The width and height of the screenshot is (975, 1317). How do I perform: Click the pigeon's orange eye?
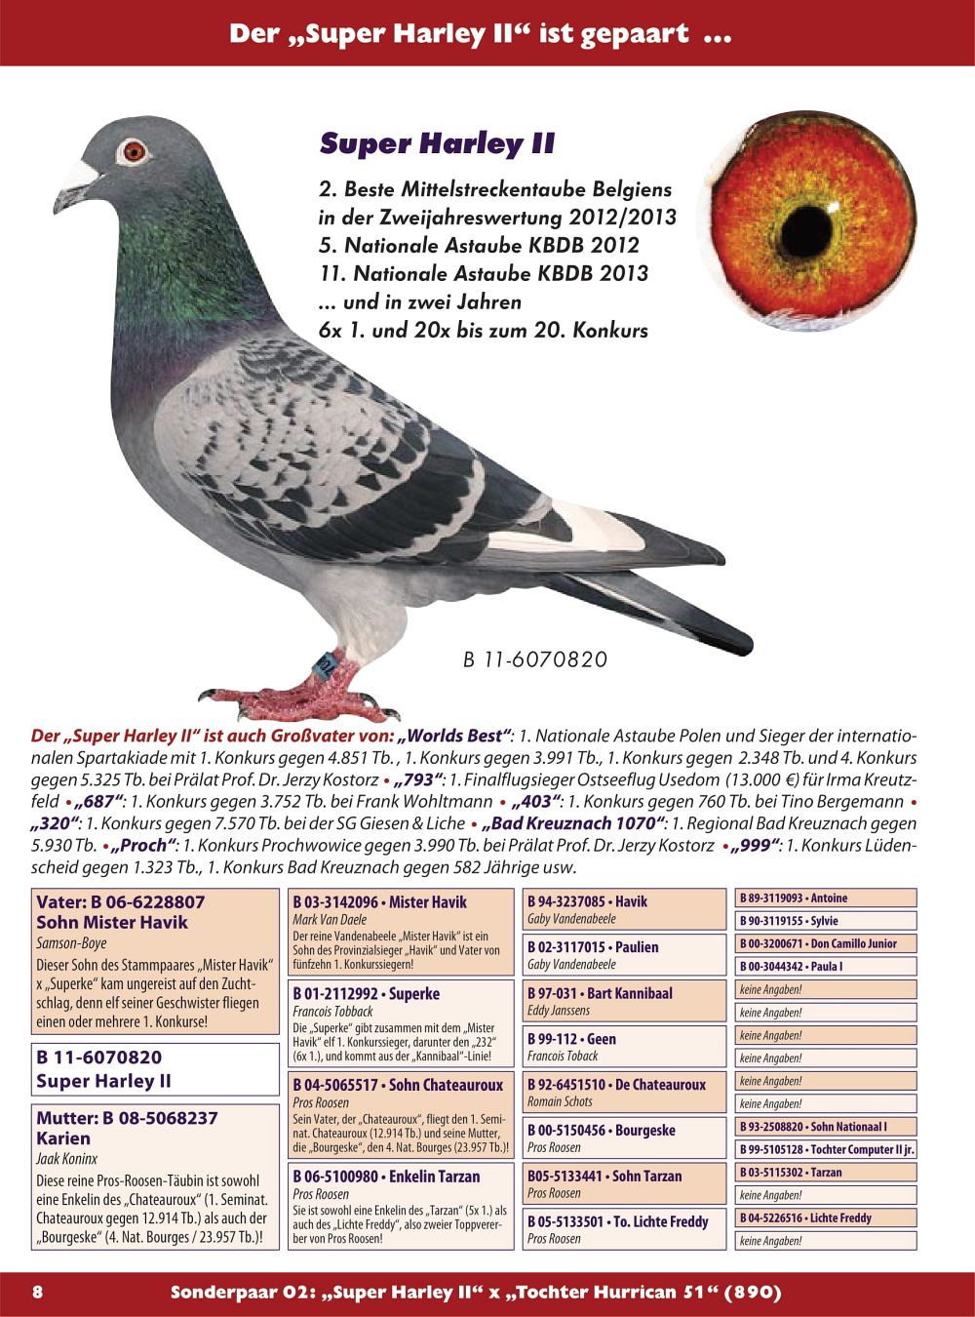coord(133,152)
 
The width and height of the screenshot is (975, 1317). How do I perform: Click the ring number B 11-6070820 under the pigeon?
coord(534,660)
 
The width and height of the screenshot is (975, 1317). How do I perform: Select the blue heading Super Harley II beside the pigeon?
coord(437,144)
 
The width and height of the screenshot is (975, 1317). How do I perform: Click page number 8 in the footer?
coord(38,1293)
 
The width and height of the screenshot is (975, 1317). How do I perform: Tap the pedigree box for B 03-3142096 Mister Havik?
coord(402,932)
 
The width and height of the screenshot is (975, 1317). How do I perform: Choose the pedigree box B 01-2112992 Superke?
coord(402,1023)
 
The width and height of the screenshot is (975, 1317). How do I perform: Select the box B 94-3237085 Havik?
coord(624,909)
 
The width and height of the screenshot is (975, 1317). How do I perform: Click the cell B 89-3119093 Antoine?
coord(826,898)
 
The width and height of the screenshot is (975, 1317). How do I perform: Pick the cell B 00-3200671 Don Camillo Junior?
coord(826,943)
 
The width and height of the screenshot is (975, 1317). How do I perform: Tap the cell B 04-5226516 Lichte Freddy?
coord(826,1217)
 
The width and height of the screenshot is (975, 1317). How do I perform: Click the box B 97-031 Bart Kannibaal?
coord(624,1001)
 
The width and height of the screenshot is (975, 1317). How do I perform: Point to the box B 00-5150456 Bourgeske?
coord(624,1137)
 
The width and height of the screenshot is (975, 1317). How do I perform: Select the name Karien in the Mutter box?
coord(63,1138)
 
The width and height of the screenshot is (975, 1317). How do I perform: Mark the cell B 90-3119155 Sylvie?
coord(826,920)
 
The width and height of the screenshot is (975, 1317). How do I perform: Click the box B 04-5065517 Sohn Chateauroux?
coord(402,1115)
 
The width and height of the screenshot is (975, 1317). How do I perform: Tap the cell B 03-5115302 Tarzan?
coord(826,1173)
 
